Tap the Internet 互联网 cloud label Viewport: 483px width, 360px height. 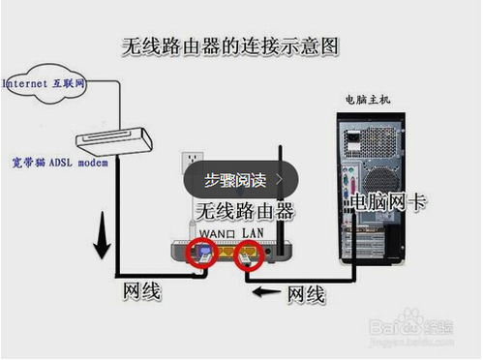coord(45,84)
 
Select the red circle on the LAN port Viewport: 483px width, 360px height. coord(251,256)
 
